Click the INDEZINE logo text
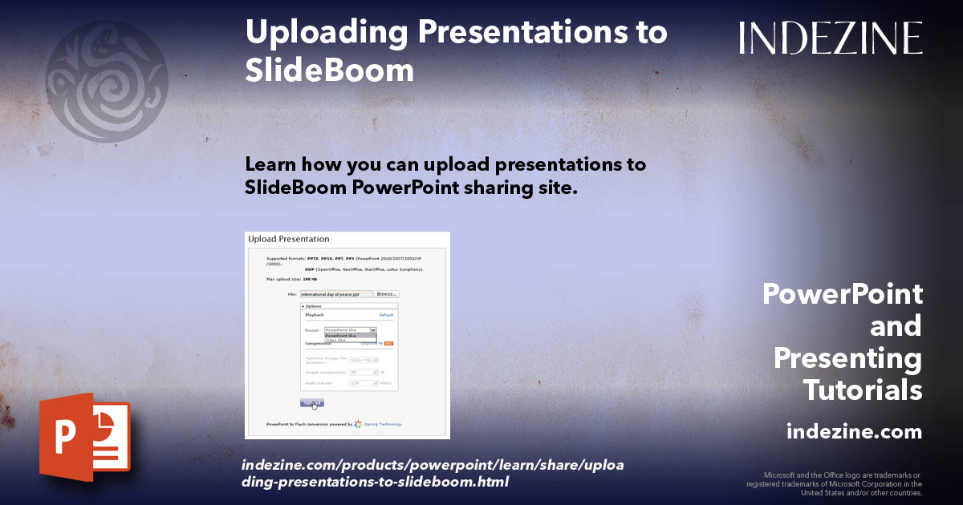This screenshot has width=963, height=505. (831, 38)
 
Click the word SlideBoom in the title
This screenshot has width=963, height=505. (329, 71)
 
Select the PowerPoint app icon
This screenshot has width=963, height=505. (84, 437)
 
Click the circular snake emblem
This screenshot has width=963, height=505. (107, 82)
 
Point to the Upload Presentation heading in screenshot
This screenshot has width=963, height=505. (289, 239)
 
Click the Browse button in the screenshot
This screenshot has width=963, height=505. (387, 294)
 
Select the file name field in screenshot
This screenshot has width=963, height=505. (335, 294)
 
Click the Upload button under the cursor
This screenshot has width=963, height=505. (312, 402)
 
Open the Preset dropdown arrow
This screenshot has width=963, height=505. (373, 329)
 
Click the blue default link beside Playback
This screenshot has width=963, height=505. (386, 315)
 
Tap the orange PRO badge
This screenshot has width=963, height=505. (388, 344)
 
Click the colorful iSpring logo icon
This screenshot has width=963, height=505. (358, 424)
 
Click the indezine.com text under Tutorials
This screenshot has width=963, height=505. (854, 432)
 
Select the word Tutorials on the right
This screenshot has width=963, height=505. (863, 390)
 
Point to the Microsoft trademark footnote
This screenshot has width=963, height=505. (835, 483)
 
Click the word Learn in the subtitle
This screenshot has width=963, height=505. (270, 165)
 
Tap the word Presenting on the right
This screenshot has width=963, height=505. (847, 358)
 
